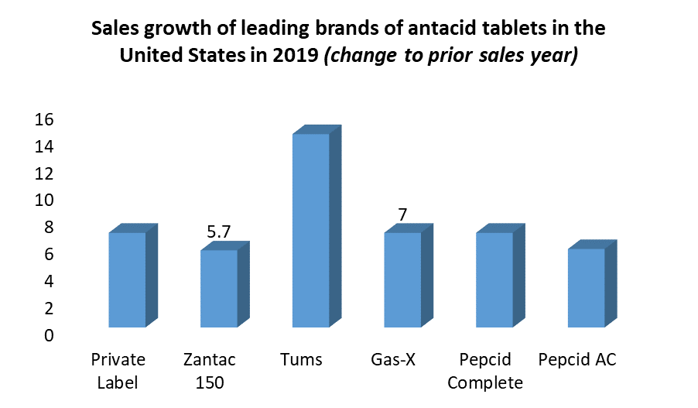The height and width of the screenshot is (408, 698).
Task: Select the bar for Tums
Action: [x=311, y=230]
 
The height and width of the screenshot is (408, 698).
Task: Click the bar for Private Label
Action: [x=127, y=279]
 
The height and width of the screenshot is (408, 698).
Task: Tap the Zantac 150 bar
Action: [x=219, y=288]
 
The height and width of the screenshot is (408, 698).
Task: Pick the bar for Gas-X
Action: [x=403, y=279]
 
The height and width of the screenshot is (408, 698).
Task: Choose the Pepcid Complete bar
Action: [x=494, y=279]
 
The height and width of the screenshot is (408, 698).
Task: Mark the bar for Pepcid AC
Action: [x=587, y=287]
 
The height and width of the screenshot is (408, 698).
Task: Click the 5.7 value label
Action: [x=219, y=231]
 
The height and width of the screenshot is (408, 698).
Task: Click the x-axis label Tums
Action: [x=302, y=360]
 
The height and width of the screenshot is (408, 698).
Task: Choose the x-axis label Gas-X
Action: [x=393, y=360]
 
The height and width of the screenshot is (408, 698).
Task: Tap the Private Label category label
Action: [x=118, y=371]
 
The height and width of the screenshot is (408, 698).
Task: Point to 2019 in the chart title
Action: [x=293, y=57]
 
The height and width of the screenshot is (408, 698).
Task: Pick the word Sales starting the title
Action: [x=114, y=29]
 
